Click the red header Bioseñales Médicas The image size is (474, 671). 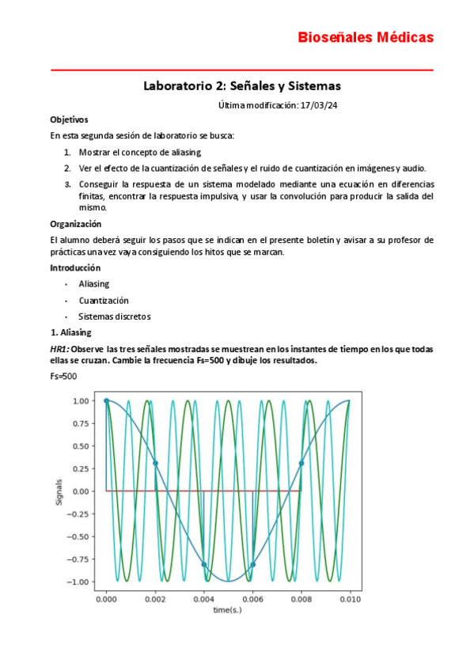click(x=365, y=37)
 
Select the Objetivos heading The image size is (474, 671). click(x=69, y=119)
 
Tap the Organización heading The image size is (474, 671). click(x=76, y=224)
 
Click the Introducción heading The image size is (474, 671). click(x=76, y=267)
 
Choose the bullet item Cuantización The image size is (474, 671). click(x=104, y=301)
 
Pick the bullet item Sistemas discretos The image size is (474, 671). click(x=114, y=317)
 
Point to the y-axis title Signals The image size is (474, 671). click(x=59, y=491)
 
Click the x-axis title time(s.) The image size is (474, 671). click(x=228, y=610)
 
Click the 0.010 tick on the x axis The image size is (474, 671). click(x=349, y=599)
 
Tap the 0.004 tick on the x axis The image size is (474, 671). click(x=203, y=599)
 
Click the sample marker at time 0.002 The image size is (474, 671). click(x=155, y=463)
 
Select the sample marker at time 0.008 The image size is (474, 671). click(x=301, y=463)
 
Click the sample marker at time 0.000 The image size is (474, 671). click(x=107, y=400)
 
